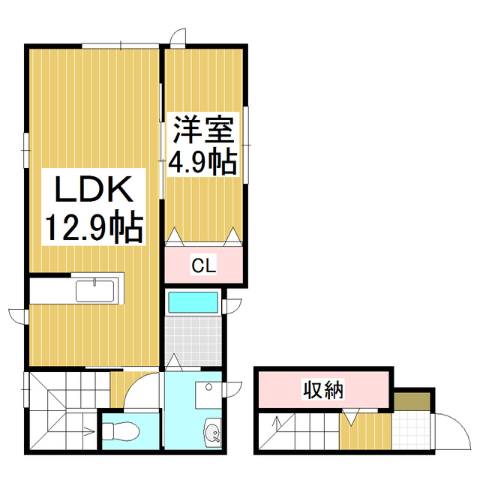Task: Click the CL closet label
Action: [204, 265]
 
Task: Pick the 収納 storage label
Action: [323, 390]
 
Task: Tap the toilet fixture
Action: [120, 431]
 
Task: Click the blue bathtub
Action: [193, 303]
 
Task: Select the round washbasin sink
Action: [212, 433]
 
